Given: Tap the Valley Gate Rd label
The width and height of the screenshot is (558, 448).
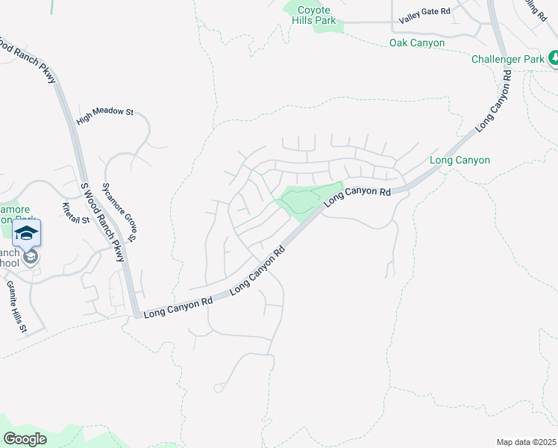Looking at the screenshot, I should tap(424, 11).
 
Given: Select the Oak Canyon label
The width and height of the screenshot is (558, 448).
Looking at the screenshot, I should tap(417, 43).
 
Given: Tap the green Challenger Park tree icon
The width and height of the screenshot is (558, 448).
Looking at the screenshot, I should tap(554, 57).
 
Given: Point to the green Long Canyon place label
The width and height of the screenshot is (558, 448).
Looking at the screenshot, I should tap(460, 161).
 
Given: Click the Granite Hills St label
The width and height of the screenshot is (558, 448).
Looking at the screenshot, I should tap(16, 306).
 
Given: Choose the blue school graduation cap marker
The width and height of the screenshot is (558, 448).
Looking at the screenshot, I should tap(26, 233).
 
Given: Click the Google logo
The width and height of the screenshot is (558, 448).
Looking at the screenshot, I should tap(25, 439).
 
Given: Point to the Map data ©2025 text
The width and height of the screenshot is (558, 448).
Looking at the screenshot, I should tap(525, 442).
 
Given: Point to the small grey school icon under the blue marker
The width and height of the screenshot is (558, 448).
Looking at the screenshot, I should tap(31, 258).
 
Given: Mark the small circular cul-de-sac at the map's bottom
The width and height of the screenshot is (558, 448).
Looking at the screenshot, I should tap(218, 388).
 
